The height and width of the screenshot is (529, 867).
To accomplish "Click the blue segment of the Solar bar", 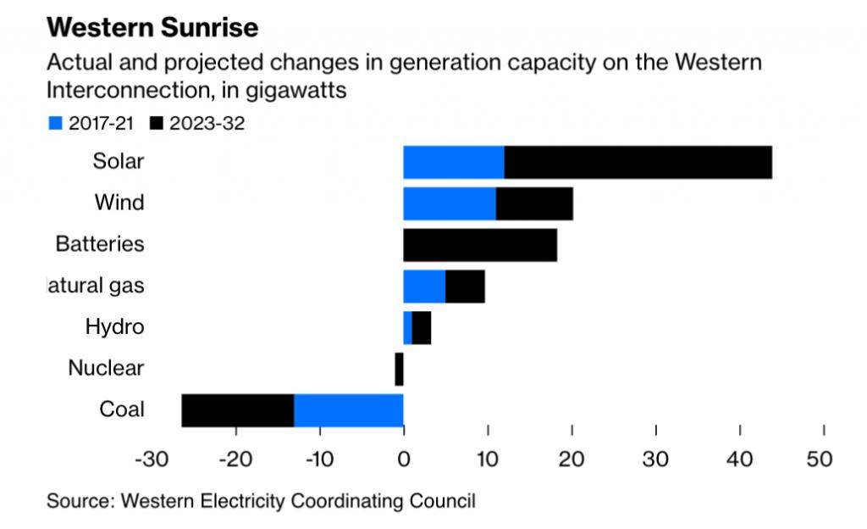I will tap(454, 162).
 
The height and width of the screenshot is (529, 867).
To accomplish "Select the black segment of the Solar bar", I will tap(638, 162).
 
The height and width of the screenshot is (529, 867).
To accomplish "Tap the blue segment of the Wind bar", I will tap(450, 203).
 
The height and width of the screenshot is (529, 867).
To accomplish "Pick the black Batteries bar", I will tap(480, 245).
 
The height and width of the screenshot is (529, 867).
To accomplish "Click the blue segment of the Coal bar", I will tap(348, 410).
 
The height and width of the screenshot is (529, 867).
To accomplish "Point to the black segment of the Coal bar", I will tap(238, 410).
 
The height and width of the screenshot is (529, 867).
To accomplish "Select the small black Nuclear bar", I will tap(399, 369).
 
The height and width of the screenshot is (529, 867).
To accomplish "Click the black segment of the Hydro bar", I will tap(422, 327).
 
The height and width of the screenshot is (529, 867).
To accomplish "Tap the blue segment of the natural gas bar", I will tap(424, 287).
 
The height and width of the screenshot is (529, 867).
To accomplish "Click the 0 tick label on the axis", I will tap(403, 459).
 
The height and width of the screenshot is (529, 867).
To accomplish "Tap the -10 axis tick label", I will tap(319, 459).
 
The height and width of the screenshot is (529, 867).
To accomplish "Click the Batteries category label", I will tap(100, 244).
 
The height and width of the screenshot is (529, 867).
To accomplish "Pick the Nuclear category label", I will tap(106, 368).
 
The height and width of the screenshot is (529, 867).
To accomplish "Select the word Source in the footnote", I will tap(79, 500).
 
